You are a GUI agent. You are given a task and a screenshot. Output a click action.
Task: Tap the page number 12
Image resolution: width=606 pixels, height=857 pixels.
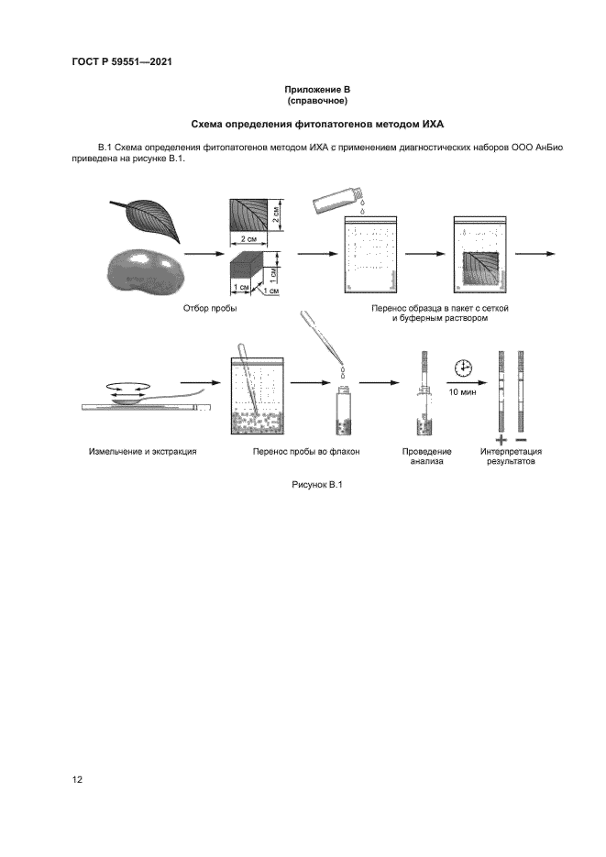click(x=78, y=780)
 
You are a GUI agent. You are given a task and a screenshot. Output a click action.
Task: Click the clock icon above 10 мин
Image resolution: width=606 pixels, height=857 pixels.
click(x=463, y=368)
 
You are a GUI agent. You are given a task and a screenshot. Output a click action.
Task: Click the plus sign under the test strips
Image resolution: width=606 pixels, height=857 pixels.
click(x=501, y=438)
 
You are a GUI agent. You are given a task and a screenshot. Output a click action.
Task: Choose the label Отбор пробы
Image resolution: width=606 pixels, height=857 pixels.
click(x=211, y=309)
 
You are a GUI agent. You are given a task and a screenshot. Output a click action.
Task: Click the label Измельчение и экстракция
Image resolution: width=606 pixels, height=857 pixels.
click(x=143, y=452)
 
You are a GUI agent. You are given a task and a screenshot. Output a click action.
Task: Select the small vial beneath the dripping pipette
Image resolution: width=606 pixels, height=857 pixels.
click(x=343, y=411)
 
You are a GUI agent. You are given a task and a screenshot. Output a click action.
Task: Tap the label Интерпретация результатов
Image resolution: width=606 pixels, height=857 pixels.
click(x=511, y=456)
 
